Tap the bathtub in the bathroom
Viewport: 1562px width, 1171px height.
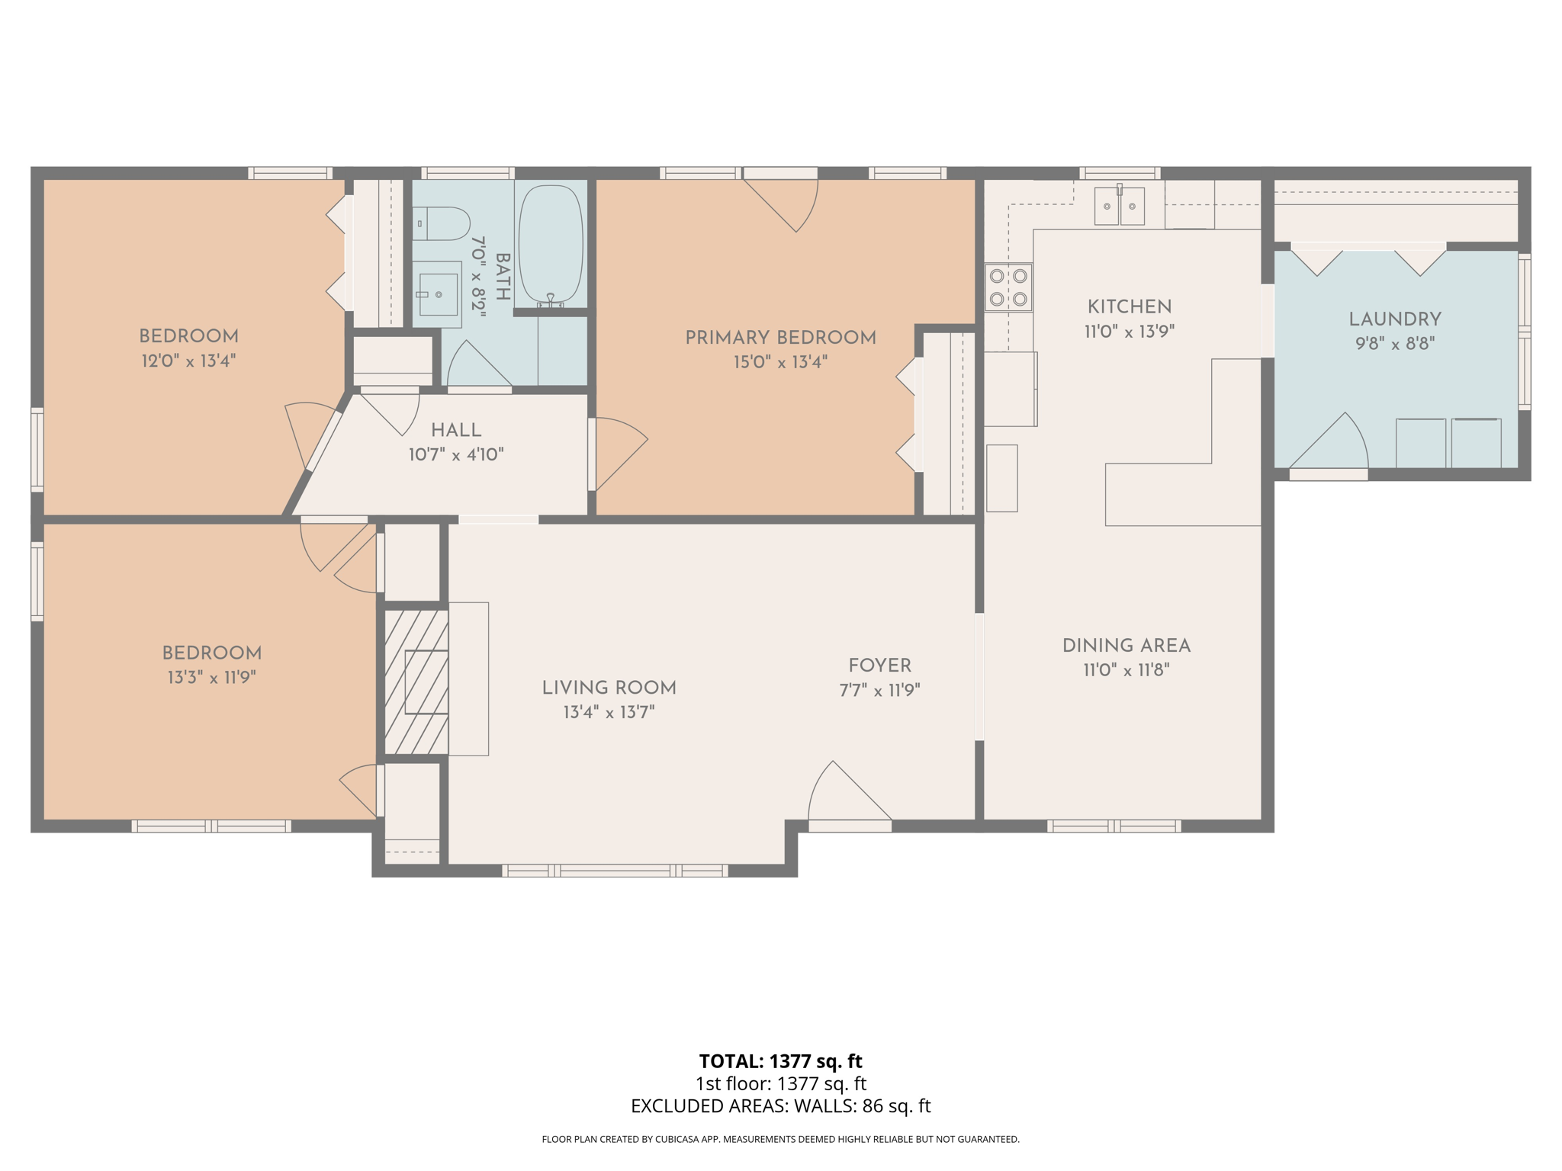(550, 244)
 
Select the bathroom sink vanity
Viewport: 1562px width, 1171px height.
(437, 294)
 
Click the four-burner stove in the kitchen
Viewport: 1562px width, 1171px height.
(1008, 287)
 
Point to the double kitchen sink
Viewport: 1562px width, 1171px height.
(1119, 206)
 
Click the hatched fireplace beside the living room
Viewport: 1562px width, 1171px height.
(416, 682)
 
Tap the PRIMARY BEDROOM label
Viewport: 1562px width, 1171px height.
(780, 338)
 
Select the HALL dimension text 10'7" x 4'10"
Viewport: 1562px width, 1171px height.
(456, 455)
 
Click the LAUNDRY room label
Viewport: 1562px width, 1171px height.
(1394, 319)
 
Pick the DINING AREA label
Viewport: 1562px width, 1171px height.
(1126, 646)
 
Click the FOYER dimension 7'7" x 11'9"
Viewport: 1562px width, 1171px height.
(879, 691)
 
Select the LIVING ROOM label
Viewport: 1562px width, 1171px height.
(609, 688)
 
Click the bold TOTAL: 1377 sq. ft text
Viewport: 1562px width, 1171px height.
(780, 1061)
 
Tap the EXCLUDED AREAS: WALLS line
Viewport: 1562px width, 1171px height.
(780, 1106)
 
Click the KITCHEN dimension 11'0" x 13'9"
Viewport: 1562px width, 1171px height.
(1129, 332)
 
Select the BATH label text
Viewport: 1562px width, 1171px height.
(503, 277)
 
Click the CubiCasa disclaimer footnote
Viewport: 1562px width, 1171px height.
(780, 1140)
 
